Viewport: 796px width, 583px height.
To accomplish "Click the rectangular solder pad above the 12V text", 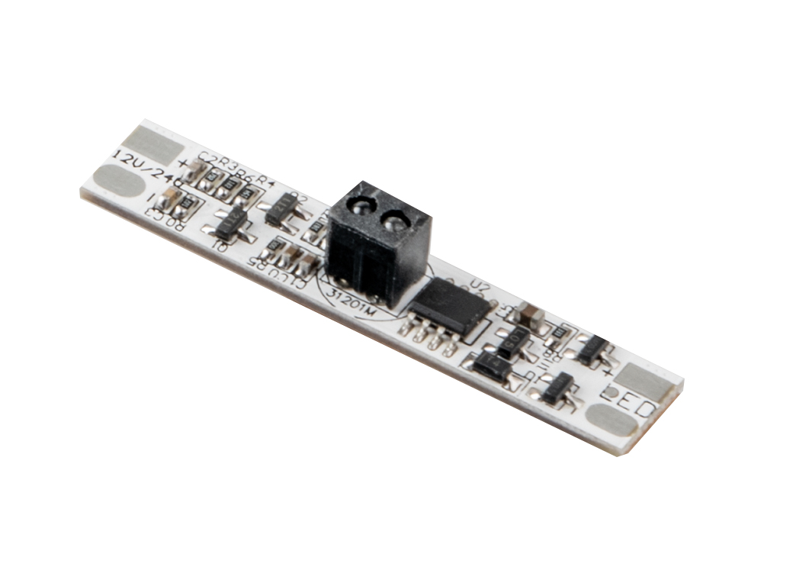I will pyautogui.click(x=152, y=143).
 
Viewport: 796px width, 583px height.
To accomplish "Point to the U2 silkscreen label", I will pyautogui.click(x=480, y=287).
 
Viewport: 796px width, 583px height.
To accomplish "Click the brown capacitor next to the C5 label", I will pyautogui.click(x=529, y=314).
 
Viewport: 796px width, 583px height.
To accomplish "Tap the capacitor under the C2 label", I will pyautogui.click(x=194, y=176).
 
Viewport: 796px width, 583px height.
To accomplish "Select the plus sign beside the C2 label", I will pyautogui.click(x=183, y=163).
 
